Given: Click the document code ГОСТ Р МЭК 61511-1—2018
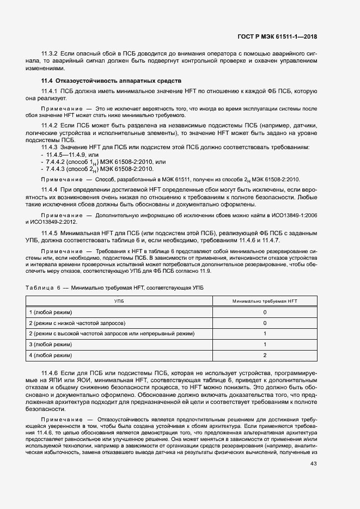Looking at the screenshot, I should pyautogui.click(x=277, y=37).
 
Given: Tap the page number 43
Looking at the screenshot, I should pyautogui.click(x=313, y=464).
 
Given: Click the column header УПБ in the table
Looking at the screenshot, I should pyautogui.click(x=118, y=301).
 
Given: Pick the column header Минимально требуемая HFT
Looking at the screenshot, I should pyautogui.click(x=264, y=301).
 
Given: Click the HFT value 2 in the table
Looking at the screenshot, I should pyautogui.click(x=264, y=355).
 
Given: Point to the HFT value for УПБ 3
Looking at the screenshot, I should pyautogui.click(x=264, y=345).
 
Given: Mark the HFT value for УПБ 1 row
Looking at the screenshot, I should pyautogui.click(x=264, y=312).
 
